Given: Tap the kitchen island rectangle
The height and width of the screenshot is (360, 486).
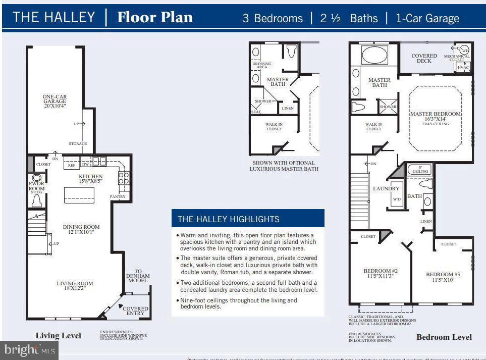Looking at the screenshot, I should coord(79,195).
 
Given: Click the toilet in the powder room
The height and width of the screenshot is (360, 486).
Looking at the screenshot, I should coord(36,200).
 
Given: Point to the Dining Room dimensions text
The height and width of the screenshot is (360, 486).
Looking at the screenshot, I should coord(81,232).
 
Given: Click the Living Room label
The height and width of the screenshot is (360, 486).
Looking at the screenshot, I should coord(75,283).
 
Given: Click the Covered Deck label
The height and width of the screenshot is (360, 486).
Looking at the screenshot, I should coord(424,58).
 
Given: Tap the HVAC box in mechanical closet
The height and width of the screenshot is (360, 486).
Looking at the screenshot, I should coord(463,67).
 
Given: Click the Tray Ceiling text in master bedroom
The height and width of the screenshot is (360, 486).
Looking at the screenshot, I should coord(435,124).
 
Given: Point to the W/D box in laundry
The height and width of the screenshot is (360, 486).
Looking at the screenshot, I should coord(397,199).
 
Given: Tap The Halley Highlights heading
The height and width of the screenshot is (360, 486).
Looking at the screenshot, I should coord(228,219).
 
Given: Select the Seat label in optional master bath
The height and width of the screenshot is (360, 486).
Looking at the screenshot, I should coord(256,112).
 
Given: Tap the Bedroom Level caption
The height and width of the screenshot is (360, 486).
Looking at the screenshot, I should coord(444,337).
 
